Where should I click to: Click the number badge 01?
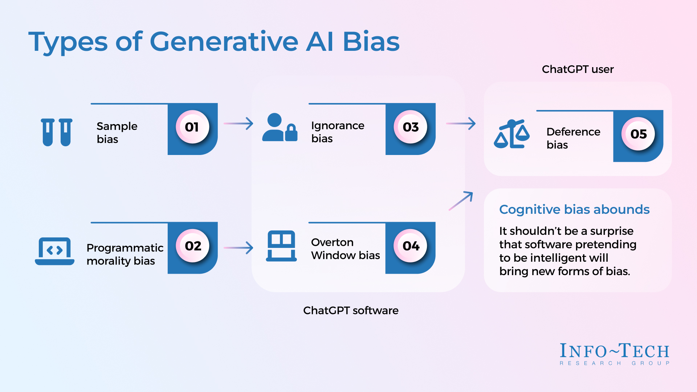click(x=192, y=127)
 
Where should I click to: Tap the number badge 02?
click(x=192, y=246)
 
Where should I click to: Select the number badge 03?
click(x=410, y=127)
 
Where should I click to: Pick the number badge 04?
click(x=411, y=246)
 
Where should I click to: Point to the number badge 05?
click(x=638, y=134)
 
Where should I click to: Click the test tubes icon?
click(x=57, y=132)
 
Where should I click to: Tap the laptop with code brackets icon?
click(x=55, y=251)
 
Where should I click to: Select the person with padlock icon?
click(x=280, y=127)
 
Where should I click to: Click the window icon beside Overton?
click(x=281, y=246)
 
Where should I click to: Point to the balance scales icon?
click(x=511, y=134)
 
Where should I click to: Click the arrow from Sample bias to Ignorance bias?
click(x=239, y=123)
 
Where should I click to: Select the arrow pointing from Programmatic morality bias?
click(x=239, y=248)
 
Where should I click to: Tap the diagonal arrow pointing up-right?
click(x=461, y=201)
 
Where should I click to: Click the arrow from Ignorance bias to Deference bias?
click(x=461, y=123)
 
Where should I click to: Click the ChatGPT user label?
click(x=578, y=69)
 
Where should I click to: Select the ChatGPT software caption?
click(x=351, y=310)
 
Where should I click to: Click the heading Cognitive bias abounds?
click(x=574, y=209)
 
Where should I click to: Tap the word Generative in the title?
click(x=224, y=42)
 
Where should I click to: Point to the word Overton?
click(x=332, y=242)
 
